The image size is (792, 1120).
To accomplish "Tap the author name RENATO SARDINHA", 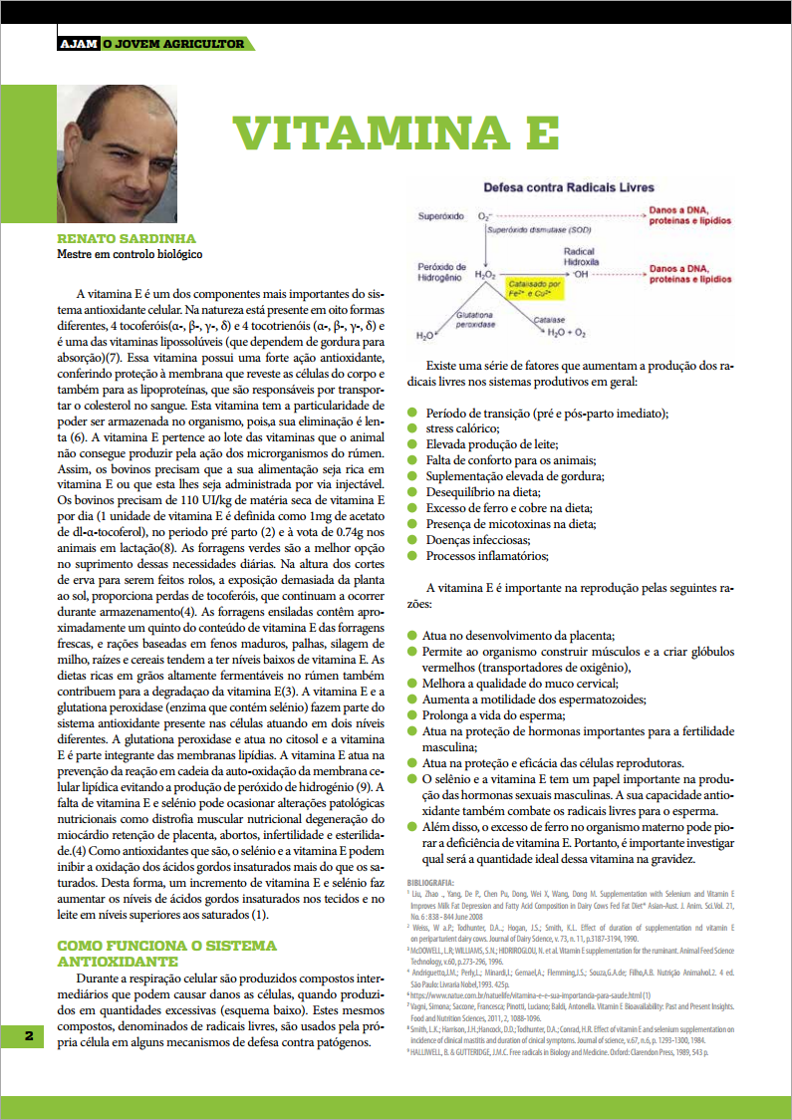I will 126,239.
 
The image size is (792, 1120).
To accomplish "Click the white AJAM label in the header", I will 78,44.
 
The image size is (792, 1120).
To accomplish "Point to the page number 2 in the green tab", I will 29,1036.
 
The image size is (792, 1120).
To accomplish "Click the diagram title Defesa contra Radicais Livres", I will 569,187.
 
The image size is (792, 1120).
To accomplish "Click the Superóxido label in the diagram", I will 440,215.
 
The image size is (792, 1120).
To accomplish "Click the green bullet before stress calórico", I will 412,428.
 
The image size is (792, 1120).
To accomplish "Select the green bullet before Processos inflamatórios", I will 412,556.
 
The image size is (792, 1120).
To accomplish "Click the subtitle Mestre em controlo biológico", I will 130,255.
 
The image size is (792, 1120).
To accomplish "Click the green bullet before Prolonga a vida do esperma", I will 412,715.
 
